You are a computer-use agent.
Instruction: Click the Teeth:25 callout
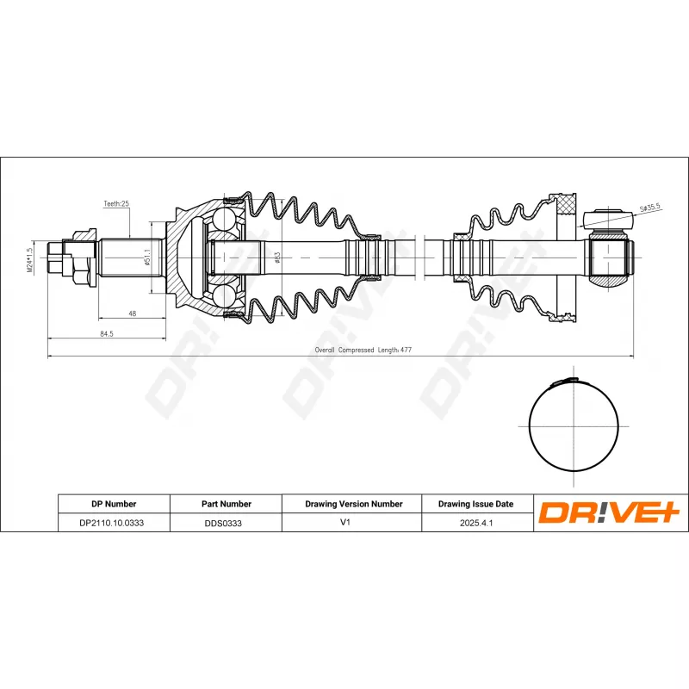[116, 204]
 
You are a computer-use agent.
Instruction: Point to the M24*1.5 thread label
[30, 258]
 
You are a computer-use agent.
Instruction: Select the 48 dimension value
[132, 313]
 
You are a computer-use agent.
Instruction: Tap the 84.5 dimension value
[107, 334]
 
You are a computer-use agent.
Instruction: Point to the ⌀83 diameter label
[277, 258]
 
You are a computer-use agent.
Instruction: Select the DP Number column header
[113, 504]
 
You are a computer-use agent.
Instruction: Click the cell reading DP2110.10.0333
[113, 523]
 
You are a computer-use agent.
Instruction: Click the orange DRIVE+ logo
[610, 513]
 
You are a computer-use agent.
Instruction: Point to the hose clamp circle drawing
[573, 426]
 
